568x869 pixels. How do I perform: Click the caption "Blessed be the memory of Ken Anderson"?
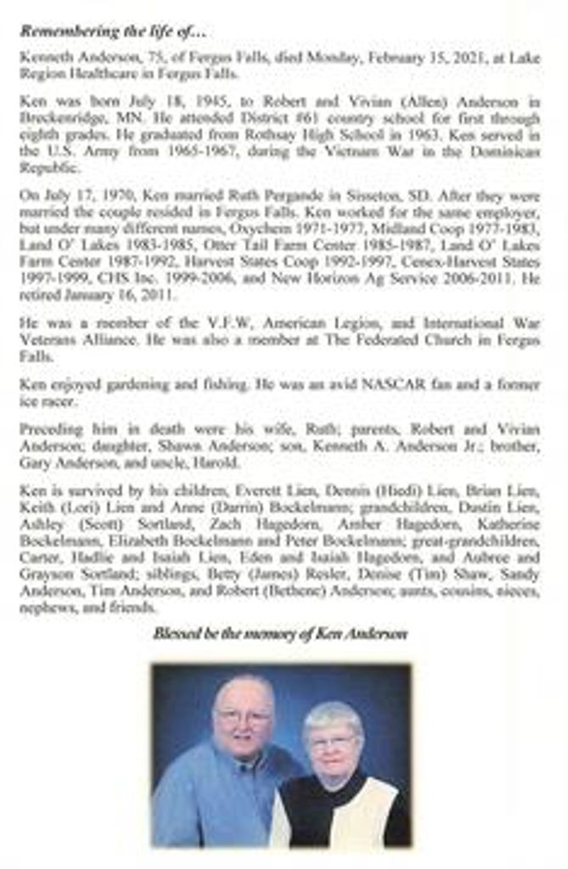(280, 633)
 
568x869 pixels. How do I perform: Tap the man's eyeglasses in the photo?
(243, 716)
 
